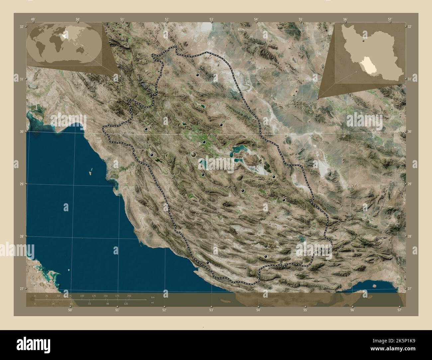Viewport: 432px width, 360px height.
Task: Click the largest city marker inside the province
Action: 194,154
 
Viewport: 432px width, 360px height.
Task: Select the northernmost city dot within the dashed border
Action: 197,75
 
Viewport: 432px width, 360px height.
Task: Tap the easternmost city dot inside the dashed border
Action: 284,200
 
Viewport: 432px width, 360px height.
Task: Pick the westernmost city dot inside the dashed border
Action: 146,129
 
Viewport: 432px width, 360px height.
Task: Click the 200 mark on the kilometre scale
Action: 129,296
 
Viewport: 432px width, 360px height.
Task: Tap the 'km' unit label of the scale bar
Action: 153,297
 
